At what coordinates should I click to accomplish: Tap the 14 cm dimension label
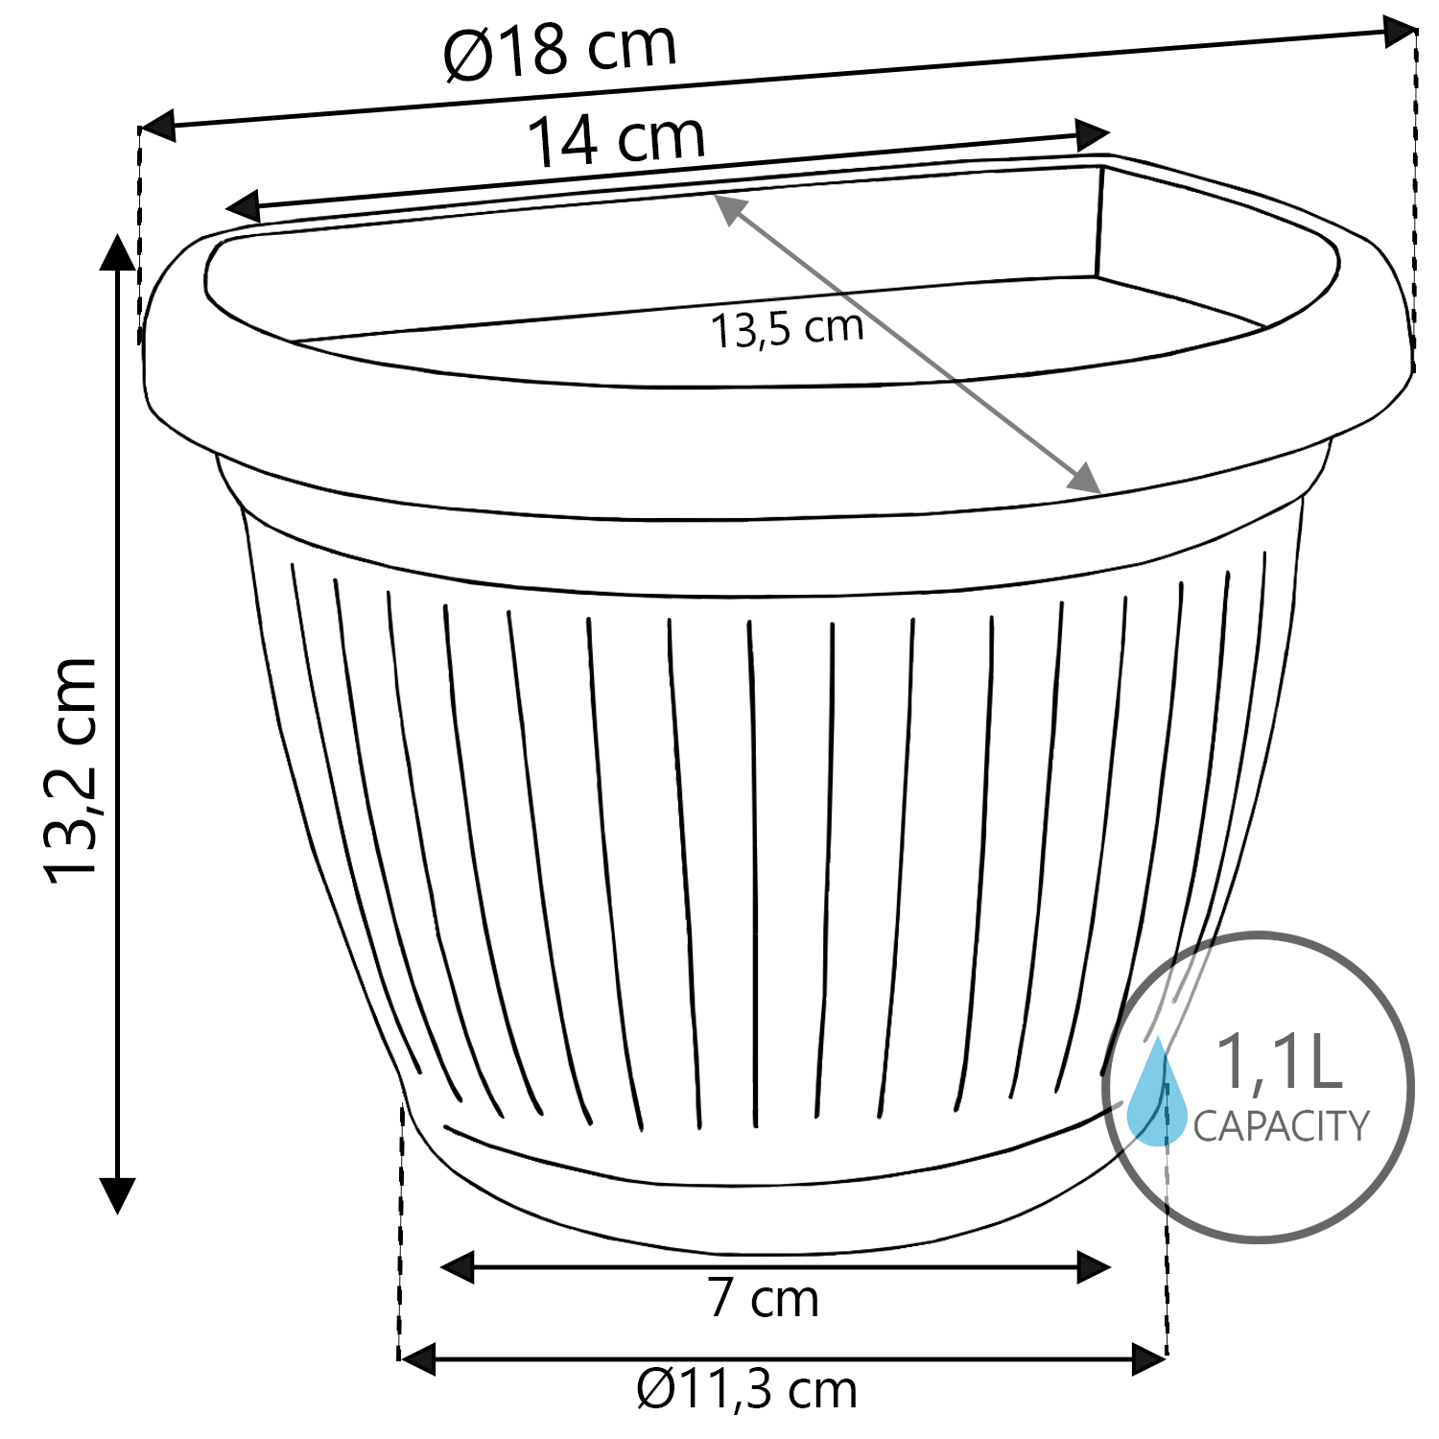(x=616, y=140)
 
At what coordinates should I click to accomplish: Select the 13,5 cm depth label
(x=787, y=329)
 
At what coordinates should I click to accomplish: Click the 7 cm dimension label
(x=764, y=1299)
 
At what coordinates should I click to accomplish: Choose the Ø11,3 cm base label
(x=746, y=1389)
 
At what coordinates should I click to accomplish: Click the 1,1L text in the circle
(x=1278, y=1062)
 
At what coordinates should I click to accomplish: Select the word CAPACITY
(x=1281, y=1125)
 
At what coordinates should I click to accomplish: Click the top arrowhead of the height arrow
(x=118, y=251)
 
